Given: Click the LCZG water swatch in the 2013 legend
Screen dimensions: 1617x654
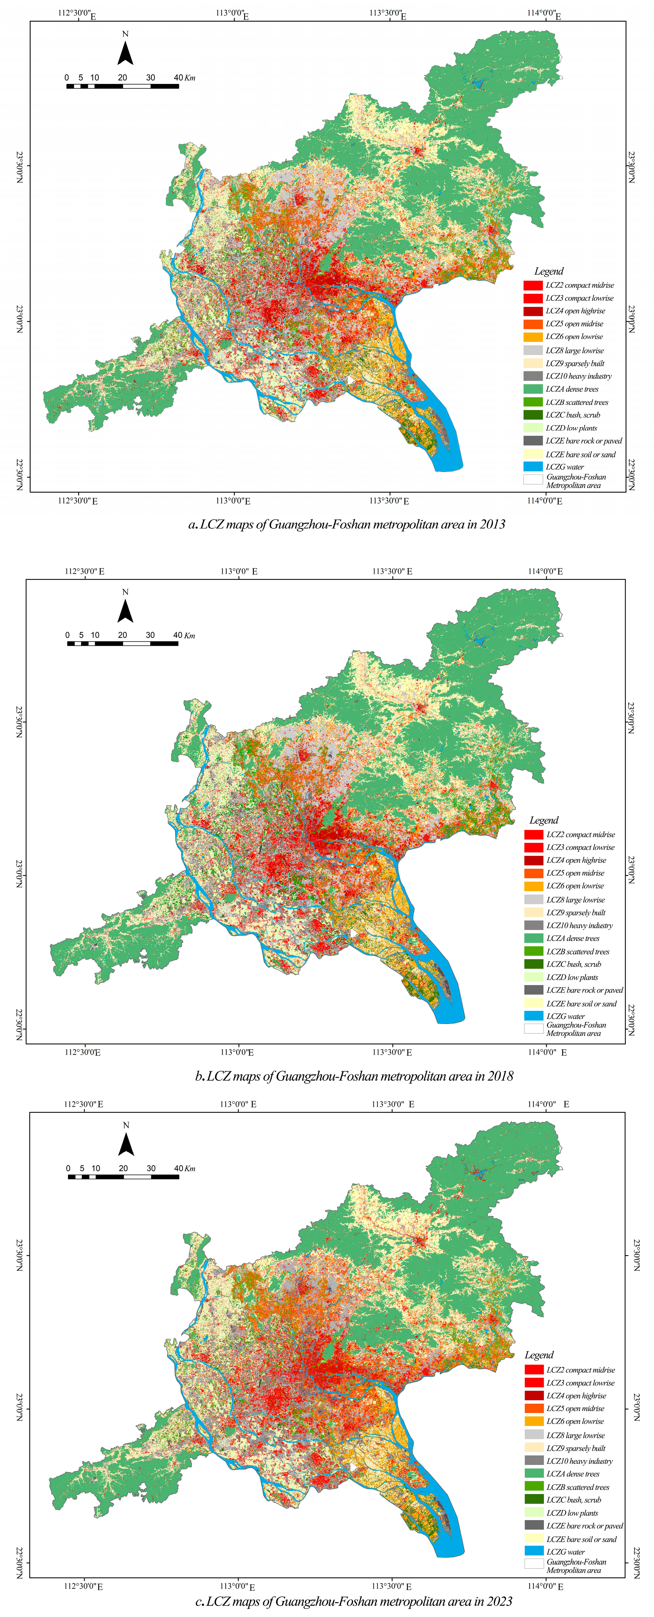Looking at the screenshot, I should (533, 467).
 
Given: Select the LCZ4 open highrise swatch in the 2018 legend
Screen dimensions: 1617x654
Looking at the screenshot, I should (533, 860).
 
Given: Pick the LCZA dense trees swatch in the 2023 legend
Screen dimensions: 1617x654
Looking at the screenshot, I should (534, 1473).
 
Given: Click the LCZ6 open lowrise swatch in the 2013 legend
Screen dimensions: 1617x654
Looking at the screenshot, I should (533, 336).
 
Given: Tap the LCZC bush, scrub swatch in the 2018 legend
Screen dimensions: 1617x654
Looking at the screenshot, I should (533, 964).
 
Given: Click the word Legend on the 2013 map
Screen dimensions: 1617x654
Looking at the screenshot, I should (549, 271).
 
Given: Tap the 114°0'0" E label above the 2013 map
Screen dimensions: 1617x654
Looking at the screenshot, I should (545, 14).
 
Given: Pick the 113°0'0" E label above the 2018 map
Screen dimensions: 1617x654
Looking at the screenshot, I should (239, 571).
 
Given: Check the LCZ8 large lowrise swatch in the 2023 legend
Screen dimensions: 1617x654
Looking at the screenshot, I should (534, 1435).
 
